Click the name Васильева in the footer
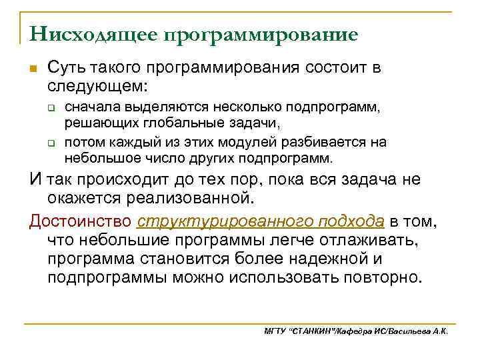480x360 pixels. tap(411, 331)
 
